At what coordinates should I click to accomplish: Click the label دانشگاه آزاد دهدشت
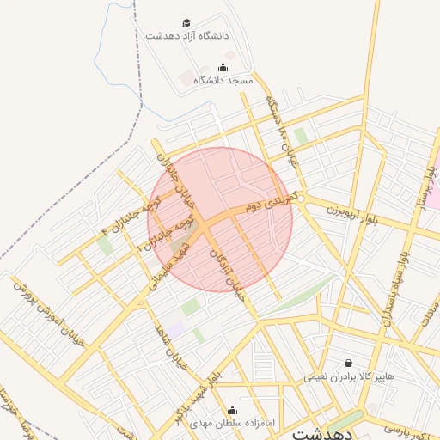(x=186, y=36)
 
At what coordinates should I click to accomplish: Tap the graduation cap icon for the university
(x=186, y=22)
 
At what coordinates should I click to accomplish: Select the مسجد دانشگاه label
(x=223, y=80)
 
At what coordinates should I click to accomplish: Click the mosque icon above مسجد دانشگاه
(x=223, y=67)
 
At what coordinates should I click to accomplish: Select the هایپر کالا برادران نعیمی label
(x=348, y=376)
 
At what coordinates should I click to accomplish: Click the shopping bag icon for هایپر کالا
(x=348, y=364)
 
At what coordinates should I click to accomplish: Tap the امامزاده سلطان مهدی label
(x=230, y=423)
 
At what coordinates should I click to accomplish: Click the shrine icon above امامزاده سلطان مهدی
(x=231, y=410)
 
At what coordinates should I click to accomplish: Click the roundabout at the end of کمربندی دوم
(x=303, y=199)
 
